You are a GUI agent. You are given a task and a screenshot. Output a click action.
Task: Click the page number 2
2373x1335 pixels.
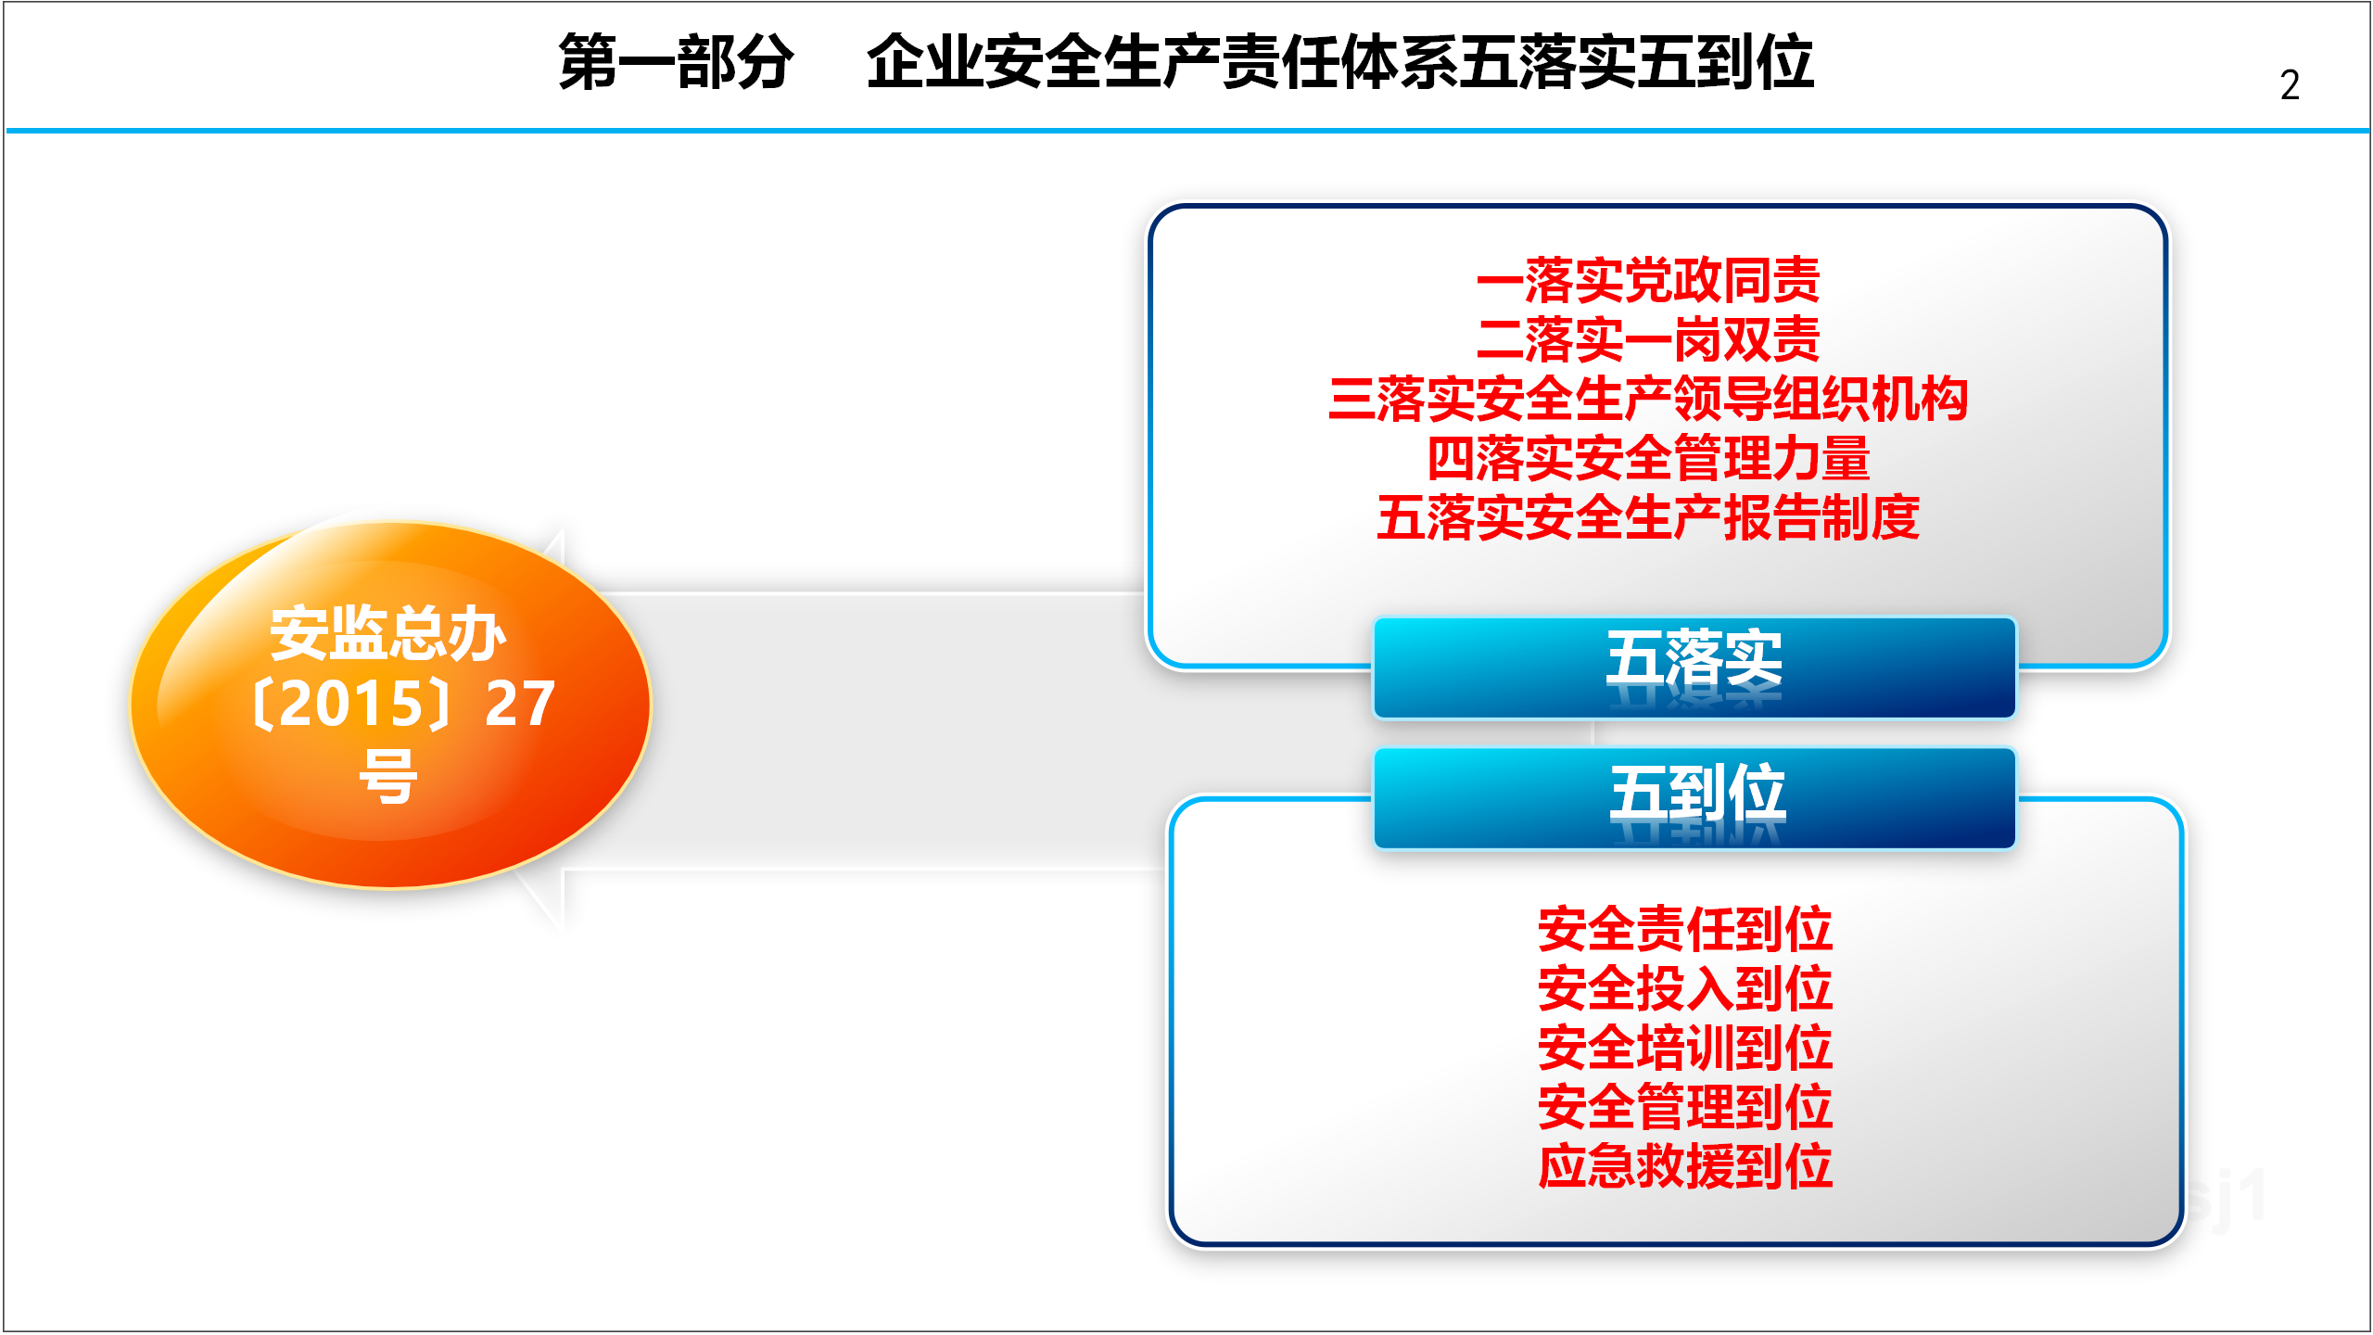[2289, 85]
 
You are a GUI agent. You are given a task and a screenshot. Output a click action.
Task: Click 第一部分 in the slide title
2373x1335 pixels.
[676, 62]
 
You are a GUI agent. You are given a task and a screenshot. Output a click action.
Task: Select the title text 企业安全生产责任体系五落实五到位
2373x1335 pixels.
[1339, 62]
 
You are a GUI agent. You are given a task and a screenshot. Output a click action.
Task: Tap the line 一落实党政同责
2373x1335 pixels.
[1648, 280]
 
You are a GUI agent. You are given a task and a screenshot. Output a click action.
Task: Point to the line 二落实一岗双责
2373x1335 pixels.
[1648, 339]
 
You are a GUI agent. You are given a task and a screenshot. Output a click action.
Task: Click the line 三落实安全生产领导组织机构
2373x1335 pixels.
[1648, 399]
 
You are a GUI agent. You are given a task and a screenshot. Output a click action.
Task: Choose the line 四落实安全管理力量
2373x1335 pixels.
[1648, 458]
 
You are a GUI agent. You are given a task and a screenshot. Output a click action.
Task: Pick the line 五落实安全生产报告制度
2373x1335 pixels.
[1648, 517]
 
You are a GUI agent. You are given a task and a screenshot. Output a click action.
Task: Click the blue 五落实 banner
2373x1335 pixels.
[1694, 667]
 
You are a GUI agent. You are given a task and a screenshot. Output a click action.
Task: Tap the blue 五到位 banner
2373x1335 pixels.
[1694, 798]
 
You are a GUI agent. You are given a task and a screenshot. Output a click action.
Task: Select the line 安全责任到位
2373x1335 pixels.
[1685, 929]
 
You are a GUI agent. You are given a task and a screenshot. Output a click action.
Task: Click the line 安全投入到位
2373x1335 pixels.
[1685, 988]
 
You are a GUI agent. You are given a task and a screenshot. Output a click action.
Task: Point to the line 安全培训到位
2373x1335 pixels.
[1685, 1048]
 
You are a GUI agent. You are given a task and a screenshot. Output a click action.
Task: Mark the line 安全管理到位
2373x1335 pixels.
[1685, 1107]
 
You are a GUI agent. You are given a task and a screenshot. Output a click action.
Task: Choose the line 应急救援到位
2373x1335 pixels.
[1685, 1166]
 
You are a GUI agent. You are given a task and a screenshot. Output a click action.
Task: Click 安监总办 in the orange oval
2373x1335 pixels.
[388, 634]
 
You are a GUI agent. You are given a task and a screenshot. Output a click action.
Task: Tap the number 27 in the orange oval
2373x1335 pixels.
[520, 704]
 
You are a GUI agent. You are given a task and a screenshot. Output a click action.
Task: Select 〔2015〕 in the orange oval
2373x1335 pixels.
[351, 704]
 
